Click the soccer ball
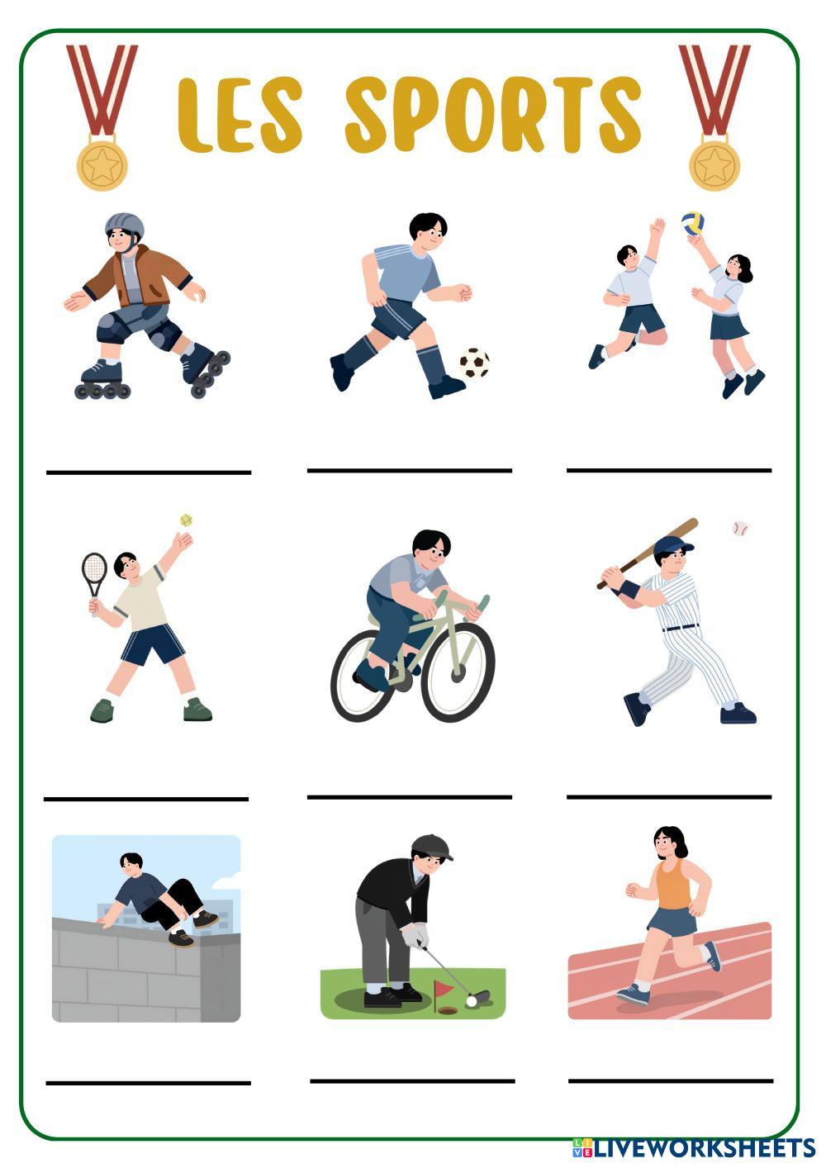click(x=474, y=363)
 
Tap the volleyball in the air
click(x=692, y=223)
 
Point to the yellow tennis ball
click(x=186, y=520)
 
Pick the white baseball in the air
click(x=740, y=529)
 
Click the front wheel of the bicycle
click(x=458, y=672)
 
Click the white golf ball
click(x=472, y=1001)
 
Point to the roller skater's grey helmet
click(x=124, y=226)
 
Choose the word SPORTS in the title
click(x=493, y=115)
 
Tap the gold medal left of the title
click(x=102, y=165)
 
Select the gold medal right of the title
click(x=714, y=165)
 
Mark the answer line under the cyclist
click(x=410, y=797)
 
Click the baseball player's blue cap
click(x=672, y=546)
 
